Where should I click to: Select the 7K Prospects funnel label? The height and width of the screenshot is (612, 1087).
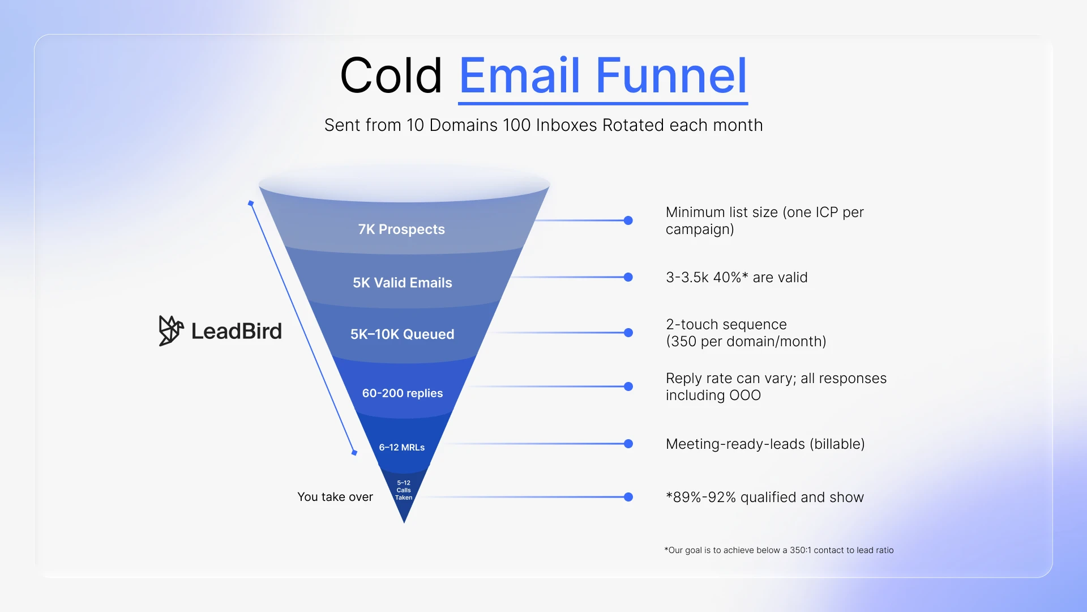pos(401,229)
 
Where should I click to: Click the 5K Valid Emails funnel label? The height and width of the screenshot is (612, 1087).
pos(403,283)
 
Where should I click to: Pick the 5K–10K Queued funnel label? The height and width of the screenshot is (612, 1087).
pos(402,334)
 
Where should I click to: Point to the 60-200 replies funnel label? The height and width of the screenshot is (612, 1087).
pos(403,393)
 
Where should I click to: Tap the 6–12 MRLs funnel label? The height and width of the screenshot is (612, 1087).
pos(402,448)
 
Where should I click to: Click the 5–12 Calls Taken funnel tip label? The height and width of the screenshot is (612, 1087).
pos(404,490)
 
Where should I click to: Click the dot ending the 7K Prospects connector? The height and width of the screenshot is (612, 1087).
pos(628,220)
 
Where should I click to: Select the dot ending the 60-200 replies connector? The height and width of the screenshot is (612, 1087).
pos(628,386)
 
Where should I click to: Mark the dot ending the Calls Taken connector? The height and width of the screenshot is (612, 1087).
pos(628,497)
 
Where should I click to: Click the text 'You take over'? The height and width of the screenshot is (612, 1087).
pos(335,497)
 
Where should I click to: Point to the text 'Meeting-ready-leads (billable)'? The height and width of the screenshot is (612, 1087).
pos(765,444)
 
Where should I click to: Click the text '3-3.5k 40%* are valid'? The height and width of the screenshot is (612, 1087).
pos(737,278)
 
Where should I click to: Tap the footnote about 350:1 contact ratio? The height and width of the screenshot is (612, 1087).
pos(779,550)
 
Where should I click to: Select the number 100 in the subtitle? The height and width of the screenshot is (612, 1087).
pos(516,125)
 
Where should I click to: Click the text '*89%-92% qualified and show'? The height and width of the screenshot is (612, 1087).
pos(765,498)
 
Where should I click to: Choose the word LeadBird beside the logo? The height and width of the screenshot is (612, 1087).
pos(237,331)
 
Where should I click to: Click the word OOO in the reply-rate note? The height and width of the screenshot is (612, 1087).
pos(745,396)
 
